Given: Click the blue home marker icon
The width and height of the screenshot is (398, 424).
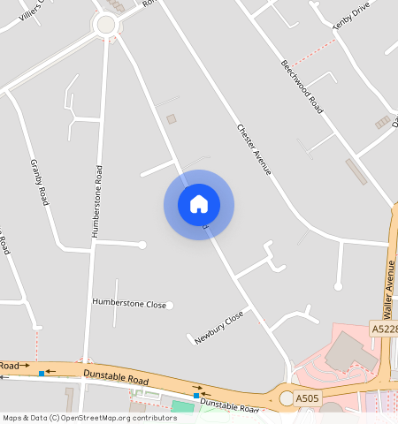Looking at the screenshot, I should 199,204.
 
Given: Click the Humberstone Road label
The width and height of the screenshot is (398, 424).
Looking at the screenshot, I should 97,201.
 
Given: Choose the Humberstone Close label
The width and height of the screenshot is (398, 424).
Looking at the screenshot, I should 129,303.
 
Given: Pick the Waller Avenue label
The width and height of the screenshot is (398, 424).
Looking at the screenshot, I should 387,288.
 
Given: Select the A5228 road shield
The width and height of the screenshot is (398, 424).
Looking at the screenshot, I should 384,329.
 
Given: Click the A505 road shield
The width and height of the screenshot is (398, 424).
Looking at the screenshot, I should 308,399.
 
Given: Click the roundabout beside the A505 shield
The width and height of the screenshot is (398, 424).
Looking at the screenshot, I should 287,399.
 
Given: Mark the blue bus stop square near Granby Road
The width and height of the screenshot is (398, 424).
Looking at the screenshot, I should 42,373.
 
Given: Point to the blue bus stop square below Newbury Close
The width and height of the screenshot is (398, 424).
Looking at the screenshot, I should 196,396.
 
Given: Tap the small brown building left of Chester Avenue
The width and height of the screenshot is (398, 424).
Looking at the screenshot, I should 172,118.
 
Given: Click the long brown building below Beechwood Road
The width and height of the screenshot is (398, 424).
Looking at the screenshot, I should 356,171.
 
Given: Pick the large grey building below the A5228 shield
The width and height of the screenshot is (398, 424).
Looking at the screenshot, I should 348,353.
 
